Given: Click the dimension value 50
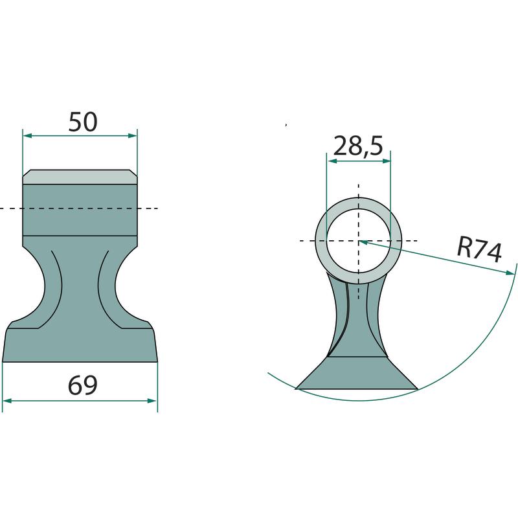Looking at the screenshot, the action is click(83, 122).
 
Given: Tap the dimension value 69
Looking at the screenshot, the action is click(83, 385).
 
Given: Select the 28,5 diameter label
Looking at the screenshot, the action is click(358, 146).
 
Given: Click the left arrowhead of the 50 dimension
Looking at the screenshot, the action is click(27, 135).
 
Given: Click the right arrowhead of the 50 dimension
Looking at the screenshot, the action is click(133, 135).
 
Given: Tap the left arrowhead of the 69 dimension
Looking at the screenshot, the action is click(7, 401).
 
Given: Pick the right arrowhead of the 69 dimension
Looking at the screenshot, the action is click(153, 401).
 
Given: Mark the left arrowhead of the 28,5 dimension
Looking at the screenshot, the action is click(331, 161).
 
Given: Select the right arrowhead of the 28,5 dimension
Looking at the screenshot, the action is click(386, 161).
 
